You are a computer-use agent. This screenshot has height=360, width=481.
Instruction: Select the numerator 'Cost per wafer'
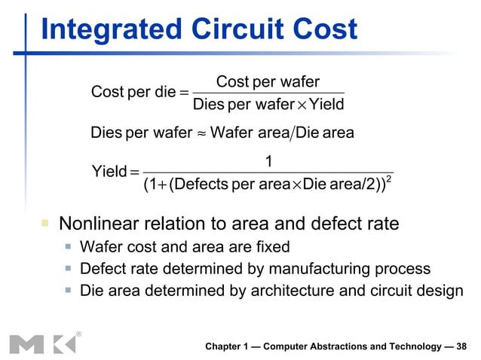pyautogui.click(x=268, y=81)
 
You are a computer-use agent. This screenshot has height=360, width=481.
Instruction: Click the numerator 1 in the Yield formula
pyautogui.click(x=268, y=160)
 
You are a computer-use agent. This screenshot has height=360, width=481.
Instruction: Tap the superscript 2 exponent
pyautogui.click(x=388, y=178)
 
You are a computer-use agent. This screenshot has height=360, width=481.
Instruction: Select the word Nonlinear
pyautogui.click(x=97, y=224)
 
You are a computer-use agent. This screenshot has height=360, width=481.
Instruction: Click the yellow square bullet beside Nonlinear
pyautogui.click(x=45, y=224)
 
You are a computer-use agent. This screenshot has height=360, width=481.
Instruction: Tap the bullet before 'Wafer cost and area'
pyautogui.click(x=68, y=246)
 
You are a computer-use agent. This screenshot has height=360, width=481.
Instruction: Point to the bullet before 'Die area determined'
pyautogui.click(x=68, y=291)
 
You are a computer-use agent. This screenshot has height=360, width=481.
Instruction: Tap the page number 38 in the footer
pyautogui.click(x=460, y=346)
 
